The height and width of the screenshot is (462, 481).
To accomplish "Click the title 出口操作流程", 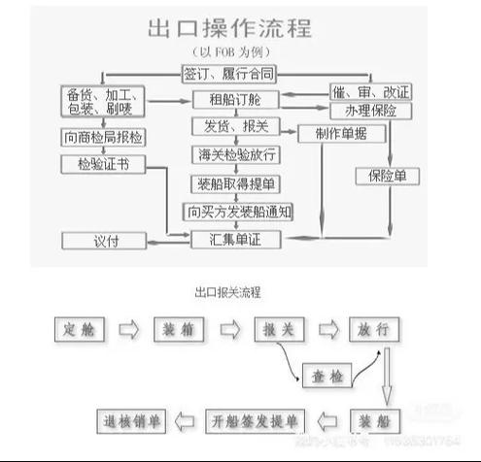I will (228, 27).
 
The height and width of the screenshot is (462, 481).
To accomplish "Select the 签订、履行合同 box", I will (228, 73).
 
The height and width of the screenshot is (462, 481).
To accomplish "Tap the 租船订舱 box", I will (236, 99).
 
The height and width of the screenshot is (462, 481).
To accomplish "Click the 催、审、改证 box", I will (370, 92).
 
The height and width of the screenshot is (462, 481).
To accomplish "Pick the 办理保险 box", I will (370, 111).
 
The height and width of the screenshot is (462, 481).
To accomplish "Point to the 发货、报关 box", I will (236, 127).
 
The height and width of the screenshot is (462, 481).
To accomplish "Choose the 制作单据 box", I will (333, 133).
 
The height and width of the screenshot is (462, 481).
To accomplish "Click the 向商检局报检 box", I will (103, 137).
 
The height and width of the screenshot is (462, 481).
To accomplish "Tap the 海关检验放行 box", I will (236, 154).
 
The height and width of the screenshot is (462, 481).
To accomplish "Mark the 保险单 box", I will (386, 177).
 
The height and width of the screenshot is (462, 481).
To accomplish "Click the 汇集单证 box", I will (236, 239).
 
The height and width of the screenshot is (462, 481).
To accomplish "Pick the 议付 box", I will (103, 239).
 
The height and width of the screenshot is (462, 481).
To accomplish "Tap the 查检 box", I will (323, 375).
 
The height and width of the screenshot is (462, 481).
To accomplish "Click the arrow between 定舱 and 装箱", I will (129, 329).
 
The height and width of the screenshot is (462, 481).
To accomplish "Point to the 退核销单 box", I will (134, 420).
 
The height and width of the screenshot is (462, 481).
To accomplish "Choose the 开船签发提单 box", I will (254, 420).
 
